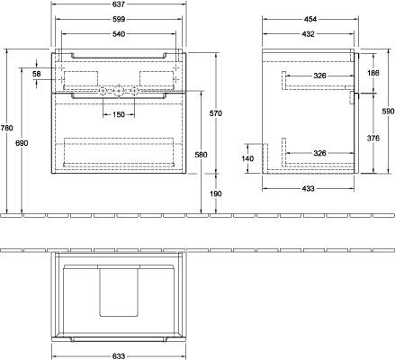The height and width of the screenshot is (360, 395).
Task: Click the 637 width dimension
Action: pyautogui.click(x=119, y=4)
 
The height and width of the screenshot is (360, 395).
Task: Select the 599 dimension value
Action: pyautogui.click(x=119, y=19)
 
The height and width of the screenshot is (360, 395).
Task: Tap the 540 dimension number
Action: pyautogui.click(x=119, y=34)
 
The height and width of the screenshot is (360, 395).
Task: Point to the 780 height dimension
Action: pyautogui.click(x=7, y=128)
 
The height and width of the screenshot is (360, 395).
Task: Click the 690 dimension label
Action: pyautogui.click(x=22, y=143)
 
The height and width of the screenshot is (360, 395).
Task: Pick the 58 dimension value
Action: pyautogui.click(x=37, y=74)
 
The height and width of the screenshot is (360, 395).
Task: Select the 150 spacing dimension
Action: pyautogui.click(x=119, y=114)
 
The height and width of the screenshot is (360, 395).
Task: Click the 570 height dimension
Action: pyautogui.click(x=216, y=113)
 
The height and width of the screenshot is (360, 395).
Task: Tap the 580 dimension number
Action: pyautogui.click(x=202, y=155)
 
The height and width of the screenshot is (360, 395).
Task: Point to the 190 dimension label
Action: pyautogui.click(x=216, y=193)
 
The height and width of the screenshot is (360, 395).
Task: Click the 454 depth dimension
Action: pyautogui.click(x=310, y=19)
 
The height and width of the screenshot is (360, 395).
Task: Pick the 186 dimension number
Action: pyautogui.click(x=373, y=73)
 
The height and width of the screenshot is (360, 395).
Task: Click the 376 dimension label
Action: pyautogui.click(x=373, y=138)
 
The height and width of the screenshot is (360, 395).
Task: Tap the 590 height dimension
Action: pyautogui.click(x=389, y=112)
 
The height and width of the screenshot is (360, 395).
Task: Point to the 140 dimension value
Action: pyautogui.click(x=247, y=158)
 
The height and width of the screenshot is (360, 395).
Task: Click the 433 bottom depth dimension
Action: pyautogui.click(x=309, y=188)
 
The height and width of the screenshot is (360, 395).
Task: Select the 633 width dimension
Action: pyautogui.click(x=119, y=356)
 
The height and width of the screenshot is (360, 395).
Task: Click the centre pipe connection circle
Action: pyautogui.click(x=119, y=90)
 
